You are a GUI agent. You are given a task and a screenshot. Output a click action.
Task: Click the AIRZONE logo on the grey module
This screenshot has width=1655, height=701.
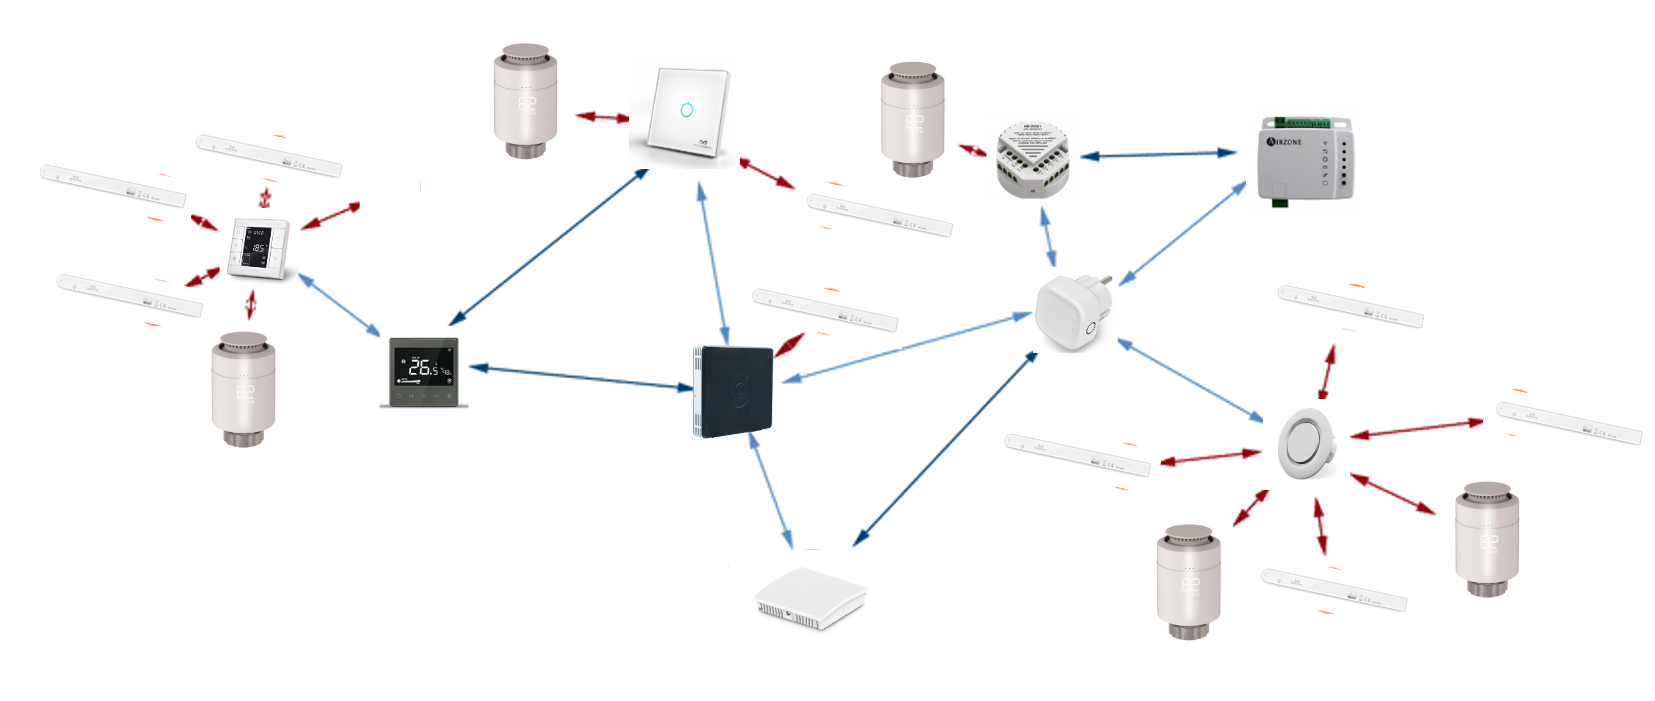pyautogui.click(x=1284, y=141)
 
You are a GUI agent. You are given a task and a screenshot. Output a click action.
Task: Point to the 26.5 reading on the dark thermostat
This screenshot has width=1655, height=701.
pyautogui.click(x=423, y=367)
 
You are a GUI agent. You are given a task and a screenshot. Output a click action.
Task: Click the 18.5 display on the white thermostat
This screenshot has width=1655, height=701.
pyautogui.click(x=258, y=247)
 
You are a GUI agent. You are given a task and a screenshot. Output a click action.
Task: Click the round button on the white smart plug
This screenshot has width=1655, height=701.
pyautogui.click(x=1090, y=329)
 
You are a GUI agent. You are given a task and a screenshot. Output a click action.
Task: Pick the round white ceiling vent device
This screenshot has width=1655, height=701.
pyautogui.click(x=1305, y=443)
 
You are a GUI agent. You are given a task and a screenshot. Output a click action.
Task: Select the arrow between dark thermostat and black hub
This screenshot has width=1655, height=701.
pyautogui.click(x=581, y=378)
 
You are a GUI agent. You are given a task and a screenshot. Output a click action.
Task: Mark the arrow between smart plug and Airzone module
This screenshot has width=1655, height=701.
pyautogui.click(x=1182, y=234)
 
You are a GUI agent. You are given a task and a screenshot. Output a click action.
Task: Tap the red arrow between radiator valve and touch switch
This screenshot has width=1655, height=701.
pyautogui.click(x=602, y=117)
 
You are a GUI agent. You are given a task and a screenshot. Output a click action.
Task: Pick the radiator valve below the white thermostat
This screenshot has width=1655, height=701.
pyautogui.click(x=243, y=389)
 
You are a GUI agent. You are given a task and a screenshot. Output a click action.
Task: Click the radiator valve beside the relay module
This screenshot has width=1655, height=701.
pyautogui.click(x=913, y=119)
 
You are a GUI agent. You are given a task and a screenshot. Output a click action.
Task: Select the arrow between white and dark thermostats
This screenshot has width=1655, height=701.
pyautogui.click(x=338, y=305)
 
